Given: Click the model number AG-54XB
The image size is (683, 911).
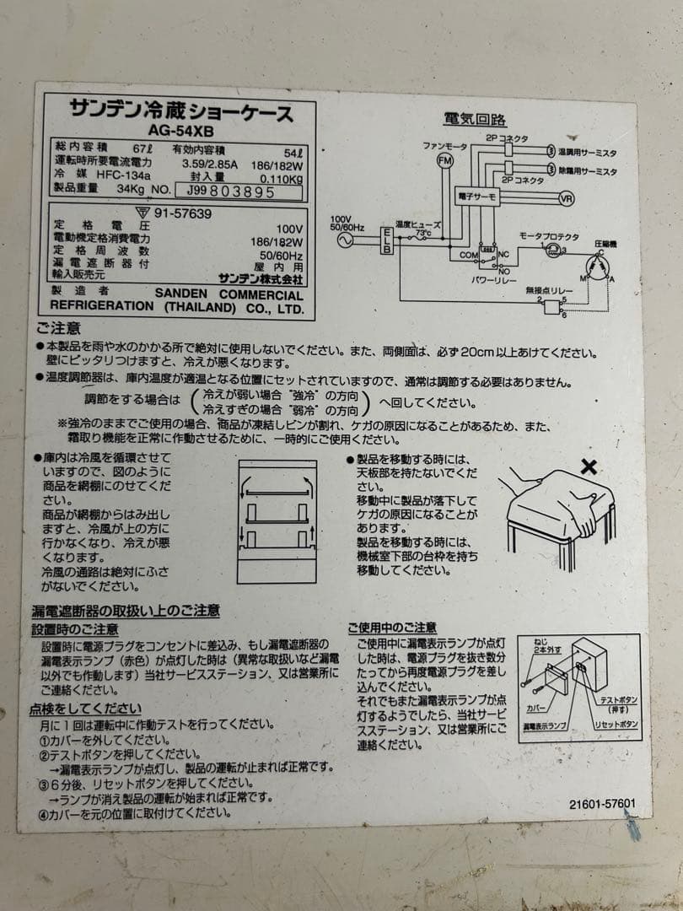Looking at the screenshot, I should coord(180,131).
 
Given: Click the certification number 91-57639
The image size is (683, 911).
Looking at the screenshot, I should coord(182,213).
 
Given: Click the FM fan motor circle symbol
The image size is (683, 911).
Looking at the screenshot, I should coord(444,159).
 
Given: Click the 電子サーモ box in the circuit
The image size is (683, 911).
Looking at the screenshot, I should coord(478,195).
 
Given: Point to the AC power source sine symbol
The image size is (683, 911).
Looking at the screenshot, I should coord(344,240).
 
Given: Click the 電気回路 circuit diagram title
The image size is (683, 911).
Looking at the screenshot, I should coord(476,119).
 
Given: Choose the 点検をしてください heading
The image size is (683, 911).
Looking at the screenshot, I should coord(85,709).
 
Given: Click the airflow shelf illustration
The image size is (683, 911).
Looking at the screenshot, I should coord(277,521).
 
